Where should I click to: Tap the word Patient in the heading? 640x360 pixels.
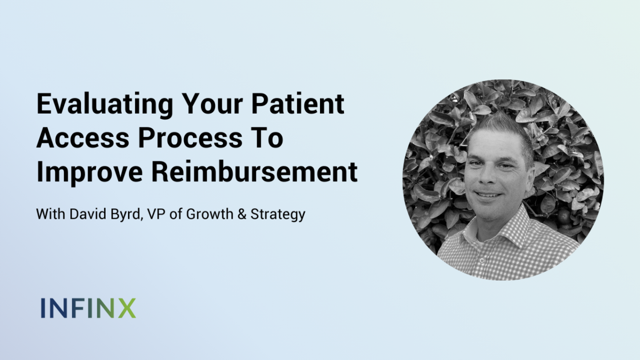tap(298, 103)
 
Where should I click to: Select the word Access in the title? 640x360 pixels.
tap(83, 138)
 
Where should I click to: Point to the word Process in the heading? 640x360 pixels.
tap(190, 138)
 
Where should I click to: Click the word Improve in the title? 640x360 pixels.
tap(90, 173)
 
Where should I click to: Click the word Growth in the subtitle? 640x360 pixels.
tap(210, 214)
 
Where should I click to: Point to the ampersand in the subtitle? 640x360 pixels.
tap(242, 214)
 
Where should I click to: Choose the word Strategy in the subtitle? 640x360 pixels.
tap(278, 215)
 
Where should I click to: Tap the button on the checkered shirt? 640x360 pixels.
tap(482, 260)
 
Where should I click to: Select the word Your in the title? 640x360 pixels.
tap(213, 103)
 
